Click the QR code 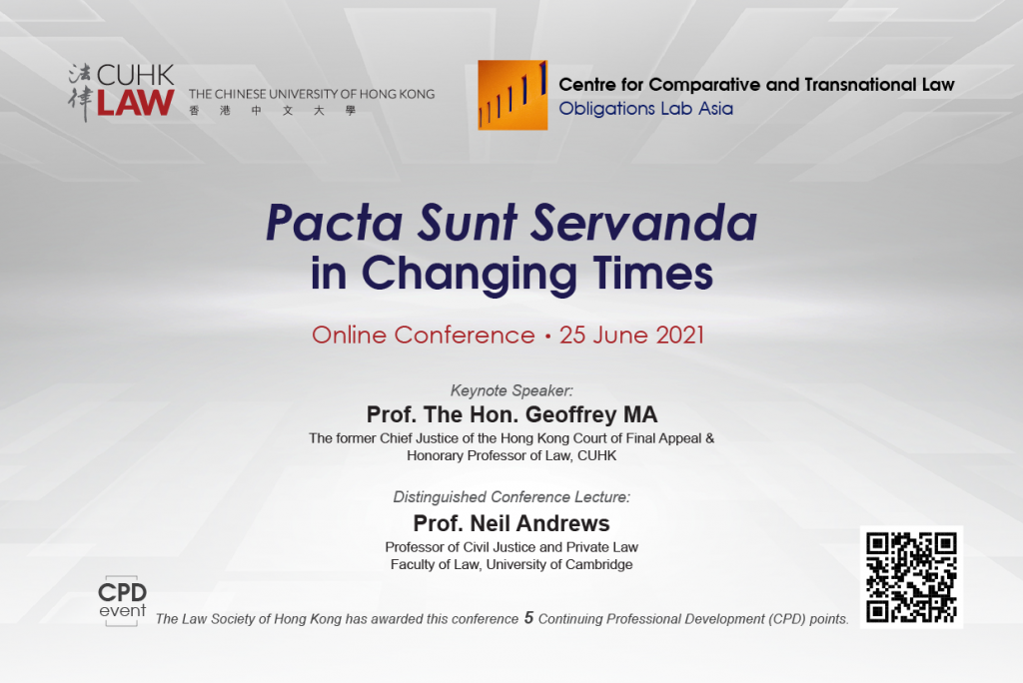tap(911, 577)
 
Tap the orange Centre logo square tap(512, 95)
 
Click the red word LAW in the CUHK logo tap(136, 103)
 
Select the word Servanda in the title tap(643, 223)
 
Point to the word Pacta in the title tap(335, 223)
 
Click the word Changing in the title tap(470, 274)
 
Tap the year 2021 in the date tap(679, 335)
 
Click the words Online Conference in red tap(424, 335)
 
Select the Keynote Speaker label tap(511, 390)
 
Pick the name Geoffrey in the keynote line tap(570, 414)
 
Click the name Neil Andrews tap(539, 523)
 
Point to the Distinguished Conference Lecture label tap(511, 497)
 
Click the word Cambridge tap(599, 565)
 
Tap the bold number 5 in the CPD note tap(529, 617)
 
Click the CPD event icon tap(122, 601)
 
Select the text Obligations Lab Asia tap(646, 108)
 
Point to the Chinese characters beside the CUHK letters tap(80, 93)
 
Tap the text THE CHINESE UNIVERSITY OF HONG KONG tap(312, 94)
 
